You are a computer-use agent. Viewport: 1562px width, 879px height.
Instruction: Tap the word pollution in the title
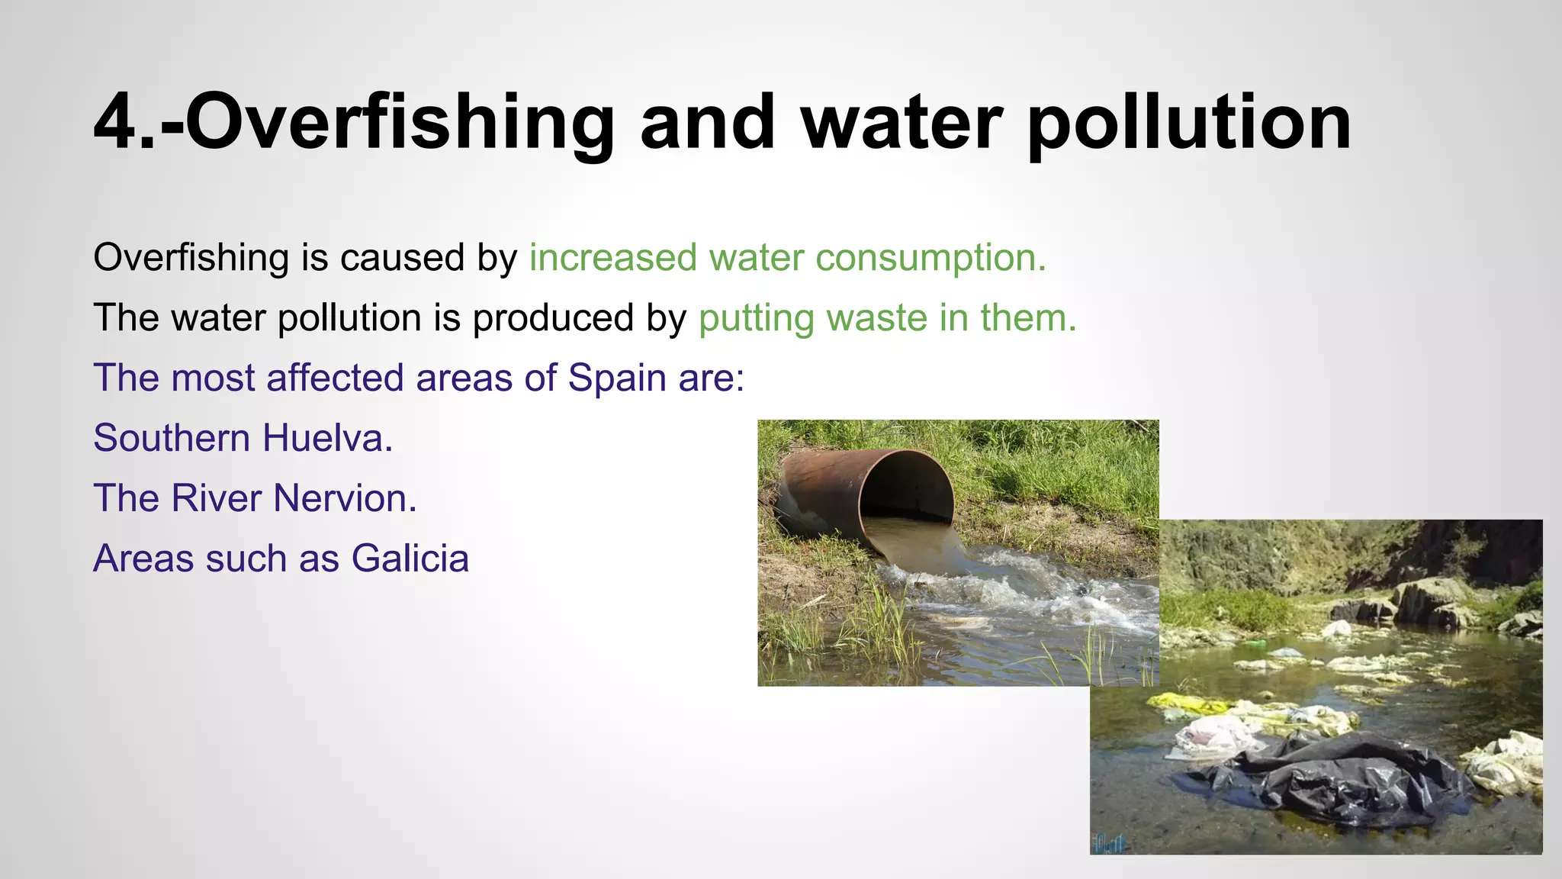click(x=1190, y=122)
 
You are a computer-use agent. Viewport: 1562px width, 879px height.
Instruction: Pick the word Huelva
click(x=328, y=438)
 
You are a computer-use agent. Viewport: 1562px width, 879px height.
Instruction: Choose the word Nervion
click(x=345, y=498)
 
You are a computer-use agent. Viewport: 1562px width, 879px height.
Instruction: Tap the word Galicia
click(x=410, y=558)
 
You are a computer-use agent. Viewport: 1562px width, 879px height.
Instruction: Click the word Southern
click(x=172, y=438)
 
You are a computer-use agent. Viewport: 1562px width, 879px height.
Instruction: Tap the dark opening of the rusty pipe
click(x=908, y=488)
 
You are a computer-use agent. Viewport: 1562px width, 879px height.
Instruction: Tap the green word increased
click(x=613, y=258)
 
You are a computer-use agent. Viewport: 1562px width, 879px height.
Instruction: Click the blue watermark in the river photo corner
click(x=1110, y=842)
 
